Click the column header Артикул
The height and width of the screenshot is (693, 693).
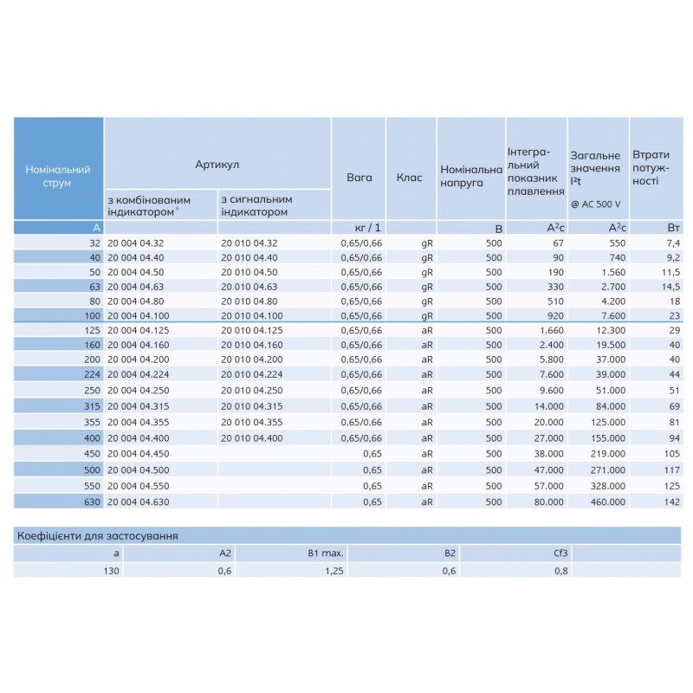(217, 163)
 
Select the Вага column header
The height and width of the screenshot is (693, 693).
(359, 177)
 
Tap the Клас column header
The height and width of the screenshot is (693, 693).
(409, 177)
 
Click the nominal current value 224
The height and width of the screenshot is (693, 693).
(90, 374)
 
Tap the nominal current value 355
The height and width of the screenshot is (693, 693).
(90, 423)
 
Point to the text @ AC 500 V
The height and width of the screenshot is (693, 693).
(596, 204)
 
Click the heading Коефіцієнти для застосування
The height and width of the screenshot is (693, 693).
(97, 535)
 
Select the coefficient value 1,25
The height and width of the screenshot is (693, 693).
(334, 570)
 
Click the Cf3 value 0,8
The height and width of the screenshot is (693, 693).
(561, 570)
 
